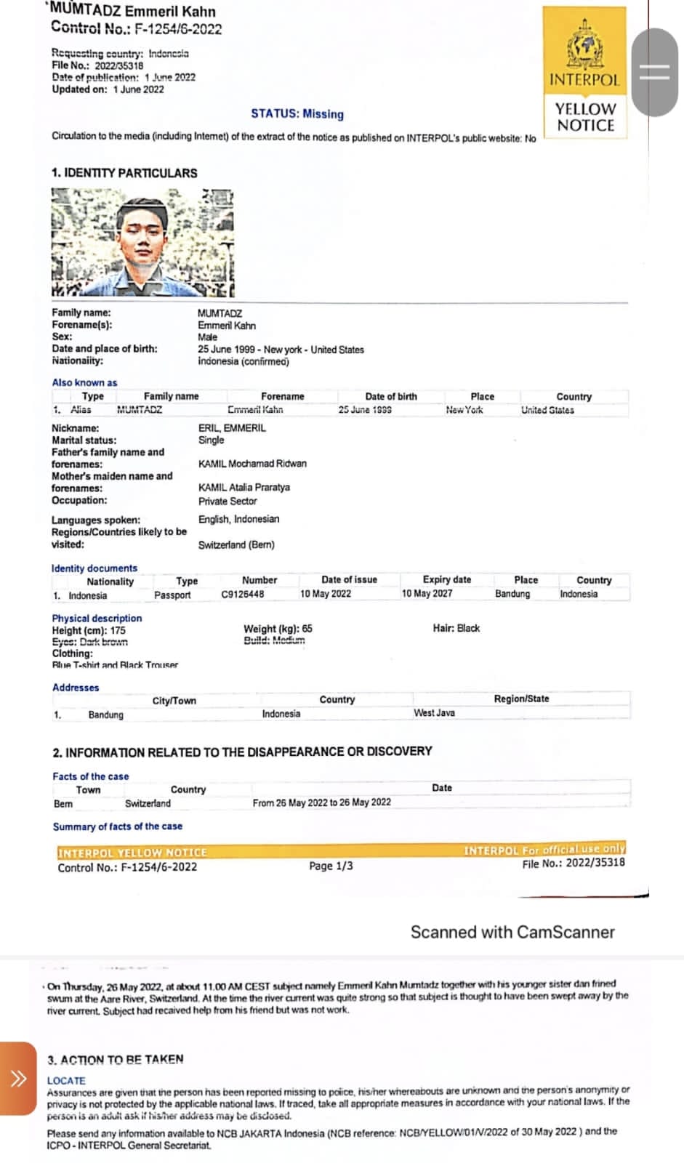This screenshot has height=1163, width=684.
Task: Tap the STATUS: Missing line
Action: [297, 114]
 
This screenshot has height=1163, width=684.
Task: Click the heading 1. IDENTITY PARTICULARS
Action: [124, 173]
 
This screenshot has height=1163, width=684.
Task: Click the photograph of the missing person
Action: [142, 243]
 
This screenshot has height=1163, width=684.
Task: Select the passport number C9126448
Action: [243, 595]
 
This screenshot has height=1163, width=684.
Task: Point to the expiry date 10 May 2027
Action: [427, 594]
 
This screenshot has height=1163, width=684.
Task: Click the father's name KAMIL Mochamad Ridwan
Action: [252, 464]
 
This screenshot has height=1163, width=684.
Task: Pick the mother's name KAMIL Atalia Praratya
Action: [244, 487]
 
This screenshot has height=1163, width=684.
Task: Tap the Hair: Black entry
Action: [456, 628]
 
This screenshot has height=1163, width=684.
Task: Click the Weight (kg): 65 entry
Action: [278, 629]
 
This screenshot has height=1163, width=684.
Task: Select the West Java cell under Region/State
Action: [434, 713]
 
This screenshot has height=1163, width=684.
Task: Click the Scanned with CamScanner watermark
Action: [512, 933]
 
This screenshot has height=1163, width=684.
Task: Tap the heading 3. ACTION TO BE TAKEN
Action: [116, 1059]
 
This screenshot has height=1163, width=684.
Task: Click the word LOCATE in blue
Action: [66, 1081]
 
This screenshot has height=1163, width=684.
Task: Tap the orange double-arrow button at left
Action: [18, 1078]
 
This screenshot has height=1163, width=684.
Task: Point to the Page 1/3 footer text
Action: [331, 866]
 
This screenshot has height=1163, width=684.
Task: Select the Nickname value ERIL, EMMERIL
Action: [232, 428]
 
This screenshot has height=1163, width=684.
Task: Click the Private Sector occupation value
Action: [228, 502]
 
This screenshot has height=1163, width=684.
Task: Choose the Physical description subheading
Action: [97, 618]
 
